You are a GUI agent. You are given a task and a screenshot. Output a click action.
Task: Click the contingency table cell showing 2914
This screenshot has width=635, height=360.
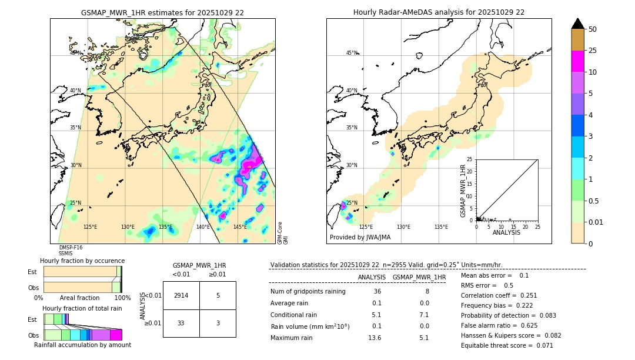point(181,295)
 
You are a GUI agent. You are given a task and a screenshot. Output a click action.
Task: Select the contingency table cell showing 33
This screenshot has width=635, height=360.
point(181,322)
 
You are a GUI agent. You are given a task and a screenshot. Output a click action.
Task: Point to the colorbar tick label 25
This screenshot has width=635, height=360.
point(593,51)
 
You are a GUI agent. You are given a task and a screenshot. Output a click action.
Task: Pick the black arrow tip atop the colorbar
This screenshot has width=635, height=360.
point(578,23)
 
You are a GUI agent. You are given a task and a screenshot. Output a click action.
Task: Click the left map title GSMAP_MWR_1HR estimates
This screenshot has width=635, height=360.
point(162,12)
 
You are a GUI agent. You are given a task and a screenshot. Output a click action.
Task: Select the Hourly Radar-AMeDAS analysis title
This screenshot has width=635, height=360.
point(439,12)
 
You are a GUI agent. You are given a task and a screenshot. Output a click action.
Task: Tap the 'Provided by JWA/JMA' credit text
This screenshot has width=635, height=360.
point(360,238)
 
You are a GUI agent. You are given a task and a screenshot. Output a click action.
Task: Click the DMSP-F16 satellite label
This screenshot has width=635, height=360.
point(71,248)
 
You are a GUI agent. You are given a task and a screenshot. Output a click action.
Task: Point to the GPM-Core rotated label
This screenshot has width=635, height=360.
point(280,233)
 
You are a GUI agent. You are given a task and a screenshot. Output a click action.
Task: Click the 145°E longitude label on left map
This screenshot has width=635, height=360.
point(240,227)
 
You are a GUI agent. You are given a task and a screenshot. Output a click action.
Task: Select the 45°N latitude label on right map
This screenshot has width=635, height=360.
point(352,53)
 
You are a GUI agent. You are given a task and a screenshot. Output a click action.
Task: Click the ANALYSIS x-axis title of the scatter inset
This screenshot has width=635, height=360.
point(506,232)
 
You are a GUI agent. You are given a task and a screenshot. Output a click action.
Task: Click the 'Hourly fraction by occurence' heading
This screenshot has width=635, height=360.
point(82,261)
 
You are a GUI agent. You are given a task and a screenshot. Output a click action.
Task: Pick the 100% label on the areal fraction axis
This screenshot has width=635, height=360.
point(122,298)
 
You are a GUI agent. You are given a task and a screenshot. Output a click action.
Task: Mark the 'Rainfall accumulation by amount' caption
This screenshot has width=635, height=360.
point(82,345)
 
